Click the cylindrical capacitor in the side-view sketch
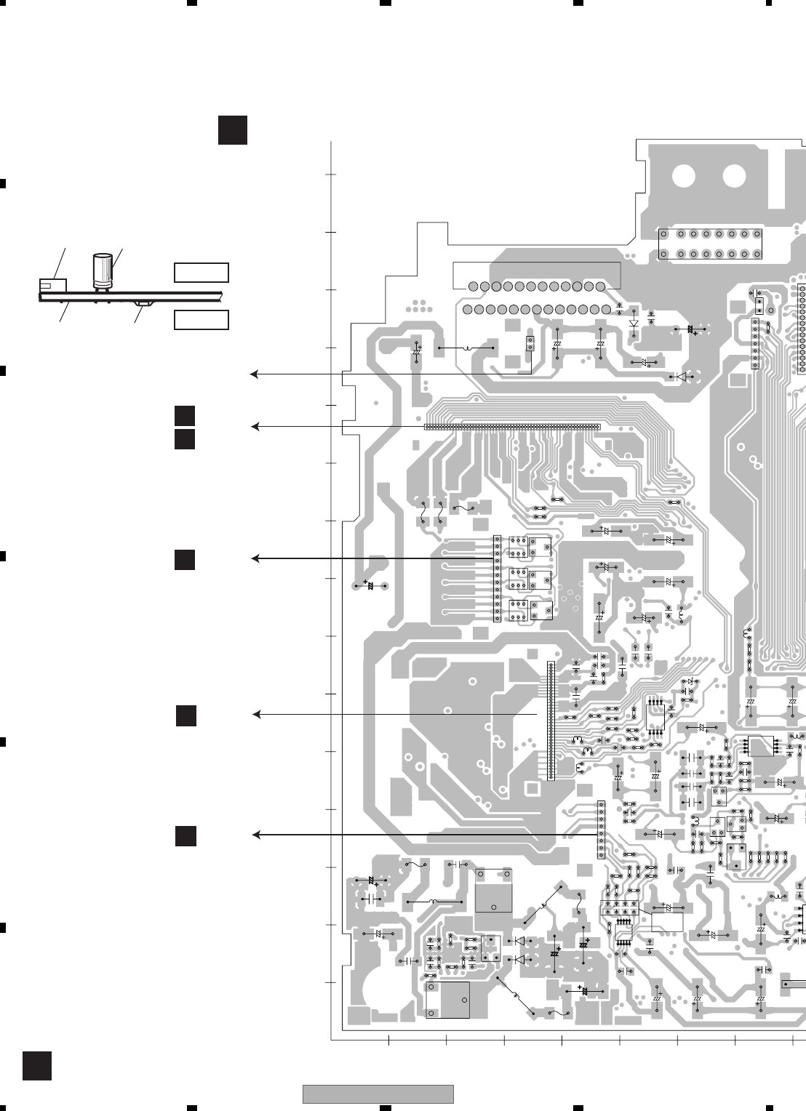pyautogui.click(x=103, y=270)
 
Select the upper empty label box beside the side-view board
pyautogui.click(x=201, y=273)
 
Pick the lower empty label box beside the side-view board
pyautogui.click(x=201, y=320)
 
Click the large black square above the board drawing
pyautogui.click(x=233, y=129)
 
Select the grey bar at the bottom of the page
pyautogui.click(x=378, y=1094)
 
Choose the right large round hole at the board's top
pyautogui.click(x=734, y=175)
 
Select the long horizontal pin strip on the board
pyautogui.click(x=512, y=427)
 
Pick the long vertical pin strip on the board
pyautogui.click(x=551, y=721)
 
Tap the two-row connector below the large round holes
pyautogui.click(x=710, y=244)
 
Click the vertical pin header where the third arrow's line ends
pyautogui.click(x=498, y=579)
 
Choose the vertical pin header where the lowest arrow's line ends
pyautogui.click(x=601, y=830)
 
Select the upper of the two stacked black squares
pyautogui.click(x=185, y=415)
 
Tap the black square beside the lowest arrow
pyautogui.click(x=185, y=836)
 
